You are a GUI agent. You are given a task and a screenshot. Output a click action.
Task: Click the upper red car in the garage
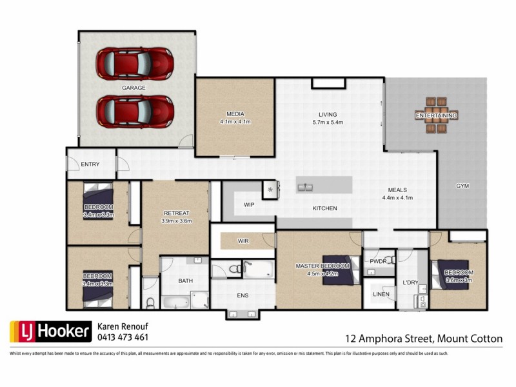coord(135,63)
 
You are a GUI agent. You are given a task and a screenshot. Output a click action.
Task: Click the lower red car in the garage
coord(135,110)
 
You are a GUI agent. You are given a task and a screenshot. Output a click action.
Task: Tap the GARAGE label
coord(134,87)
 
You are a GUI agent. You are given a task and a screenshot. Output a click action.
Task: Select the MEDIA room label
coord(235,117)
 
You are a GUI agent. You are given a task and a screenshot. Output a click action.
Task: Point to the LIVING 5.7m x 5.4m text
coord(327,118)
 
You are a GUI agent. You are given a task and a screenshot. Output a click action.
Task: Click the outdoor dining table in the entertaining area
coord(437,115)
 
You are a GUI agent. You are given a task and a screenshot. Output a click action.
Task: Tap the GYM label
coord(462,186)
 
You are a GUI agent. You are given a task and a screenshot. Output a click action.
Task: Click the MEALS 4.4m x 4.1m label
coord(397,194)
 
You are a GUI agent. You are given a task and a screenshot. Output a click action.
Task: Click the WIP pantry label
coord(249,204)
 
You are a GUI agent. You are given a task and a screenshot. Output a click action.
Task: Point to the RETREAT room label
coord(176,217)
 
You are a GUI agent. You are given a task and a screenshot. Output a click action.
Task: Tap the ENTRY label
coord(90,164)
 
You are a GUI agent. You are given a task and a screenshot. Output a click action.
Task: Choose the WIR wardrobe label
coord(243,241)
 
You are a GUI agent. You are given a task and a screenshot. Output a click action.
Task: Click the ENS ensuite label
coord(243,297)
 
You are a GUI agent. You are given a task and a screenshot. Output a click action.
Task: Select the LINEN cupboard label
coord(381,294)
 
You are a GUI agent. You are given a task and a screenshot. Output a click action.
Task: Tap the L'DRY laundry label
coord(410,283)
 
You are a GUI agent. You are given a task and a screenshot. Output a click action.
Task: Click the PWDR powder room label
coord(377,263)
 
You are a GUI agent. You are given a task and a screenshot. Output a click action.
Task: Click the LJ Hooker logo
coord(49,332)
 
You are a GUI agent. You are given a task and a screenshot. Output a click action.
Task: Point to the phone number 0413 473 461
coord(123,337)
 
